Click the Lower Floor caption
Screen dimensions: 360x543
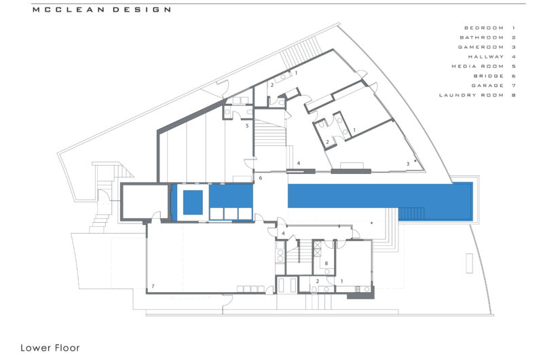click(50, 348)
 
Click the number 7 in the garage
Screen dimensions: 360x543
click(153, 287)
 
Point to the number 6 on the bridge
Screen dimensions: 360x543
click(260, 178)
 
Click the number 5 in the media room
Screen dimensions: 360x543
click(247, 126)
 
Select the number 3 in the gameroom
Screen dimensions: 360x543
click(407, 164)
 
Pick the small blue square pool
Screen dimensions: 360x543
click(193, 202)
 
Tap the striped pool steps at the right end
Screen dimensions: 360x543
click(413, 213)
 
